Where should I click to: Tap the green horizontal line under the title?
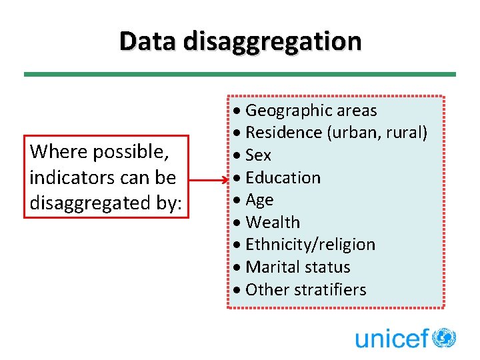(240, 74)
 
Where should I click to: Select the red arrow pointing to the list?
(210, 179)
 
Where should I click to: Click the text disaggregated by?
(105, 203)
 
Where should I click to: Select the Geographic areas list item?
(311, 111)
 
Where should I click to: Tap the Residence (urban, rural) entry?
(336, 133)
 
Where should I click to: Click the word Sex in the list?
(258, 155)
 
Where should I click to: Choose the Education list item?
(283, 178)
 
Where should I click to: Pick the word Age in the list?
(259, 201)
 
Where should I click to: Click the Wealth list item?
(273, 223)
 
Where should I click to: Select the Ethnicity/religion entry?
(310, 245)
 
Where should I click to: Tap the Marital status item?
(297, 267)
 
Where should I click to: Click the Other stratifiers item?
(305, 290)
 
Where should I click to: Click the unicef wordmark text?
(391, 338)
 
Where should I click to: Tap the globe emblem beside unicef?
(444, 337)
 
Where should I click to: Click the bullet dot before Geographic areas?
(239, 111)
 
